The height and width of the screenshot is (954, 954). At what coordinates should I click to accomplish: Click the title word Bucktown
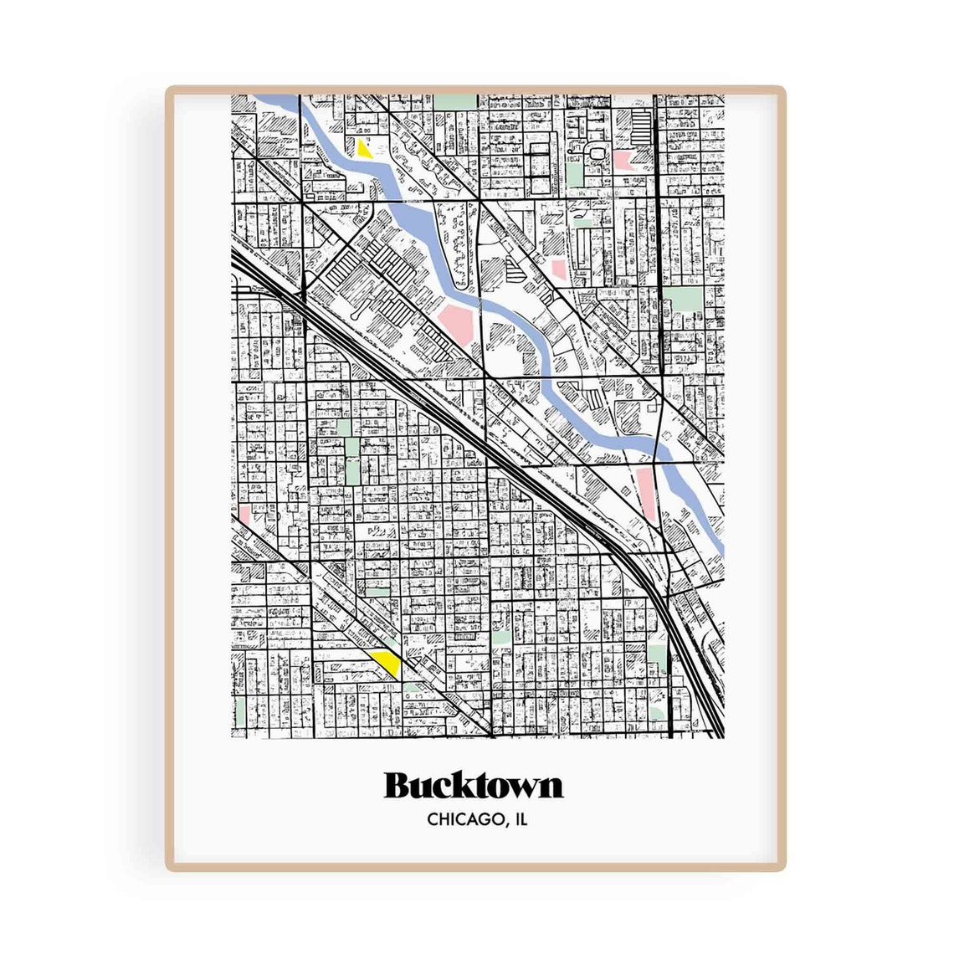[x=474, y=786]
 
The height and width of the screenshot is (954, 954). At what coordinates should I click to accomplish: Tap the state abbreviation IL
[x=521, y=820]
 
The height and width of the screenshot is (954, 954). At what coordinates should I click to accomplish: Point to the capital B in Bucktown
[x=398, y=786]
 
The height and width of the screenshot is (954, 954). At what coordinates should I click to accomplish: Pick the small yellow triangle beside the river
[x=363, y=151]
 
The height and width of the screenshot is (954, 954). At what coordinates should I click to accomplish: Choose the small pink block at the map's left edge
[x=244, y=512]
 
